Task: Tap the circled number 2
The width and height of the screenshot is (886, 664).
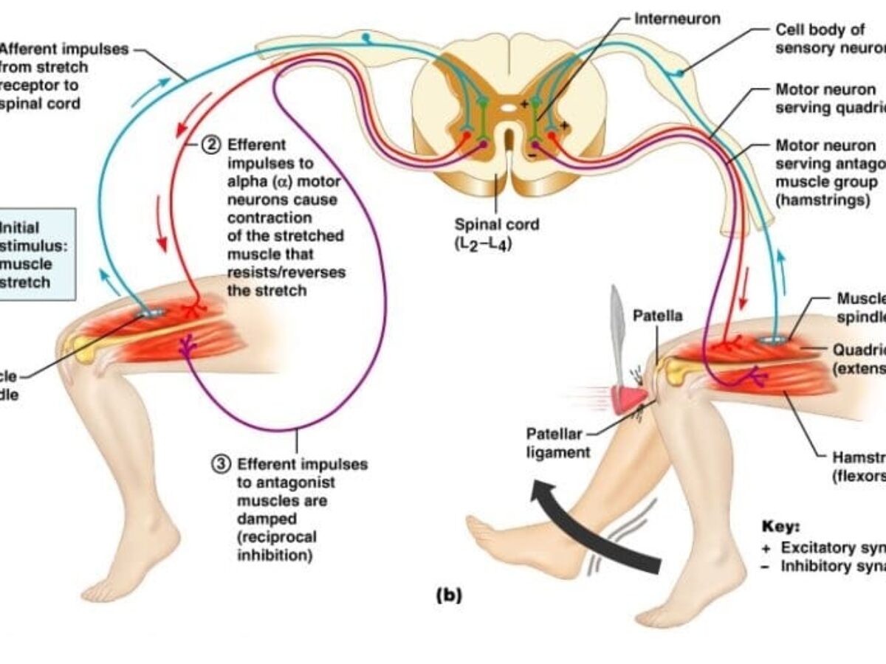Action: coord(212,145)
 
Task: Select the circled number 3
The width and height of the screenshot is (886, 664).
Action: coord(221,464)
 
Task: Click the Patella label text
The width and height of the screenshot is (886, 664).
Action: coord(658,316)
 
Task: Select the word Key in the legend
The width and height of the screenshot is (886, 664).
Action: coord(780,528)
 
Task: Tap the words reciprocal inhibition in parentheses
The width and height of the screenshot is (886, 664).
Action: coord(274,545)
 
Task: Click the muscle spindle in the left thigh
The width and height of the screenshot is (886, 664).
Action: coord(152,313)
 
